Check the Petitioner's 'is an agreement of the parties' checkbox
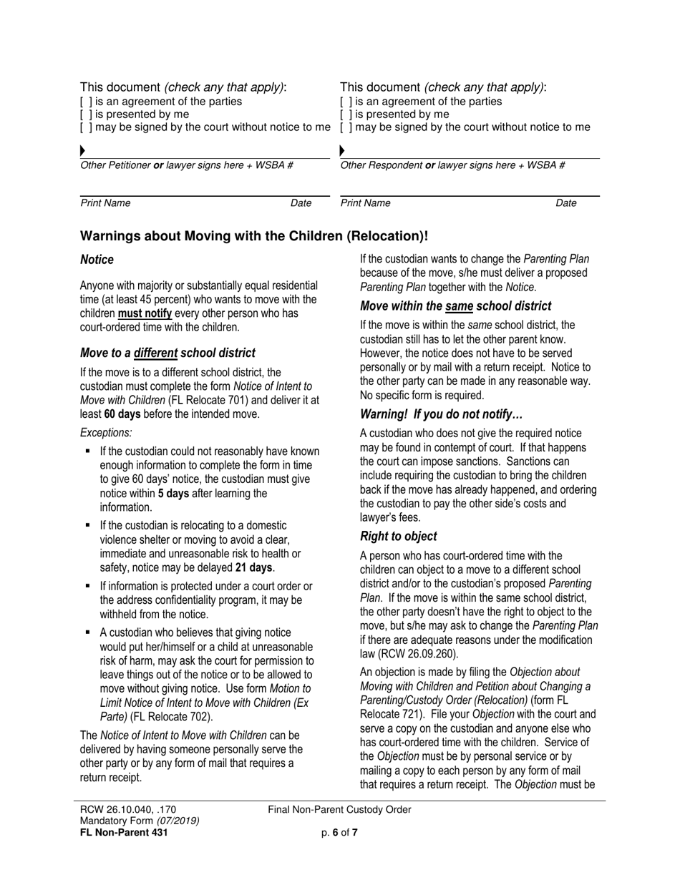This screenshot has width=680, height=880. click(86, 102)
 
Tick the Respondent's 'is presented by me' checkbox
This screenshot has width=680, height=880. click(346, 114)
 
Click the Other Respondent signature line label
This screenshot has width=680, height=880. click(452, 165)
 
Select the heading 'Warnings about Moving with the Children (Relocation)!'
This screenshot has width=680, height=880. click(254, 236)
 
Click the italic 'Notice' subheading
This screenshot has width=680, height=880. click(97, 260)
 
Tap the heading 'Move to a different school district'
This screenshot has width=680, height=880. click(167, 353)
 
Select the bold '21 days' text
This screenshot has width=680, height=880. click(254, 568)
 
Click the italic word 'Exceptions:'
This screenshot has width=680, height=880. click(106, 433)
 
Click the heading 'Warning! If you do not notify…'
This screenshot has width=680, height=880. click(442, 414)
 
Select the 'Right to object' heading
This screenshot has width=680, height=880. click(398, 536)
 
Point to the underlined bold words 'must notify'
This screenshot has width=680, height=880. click(145, 313)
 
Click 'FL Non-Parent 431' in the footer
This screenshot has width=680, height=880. click(124, 832)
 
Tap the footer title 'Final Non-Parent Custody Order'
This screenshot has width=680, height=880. click(339, 810)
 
